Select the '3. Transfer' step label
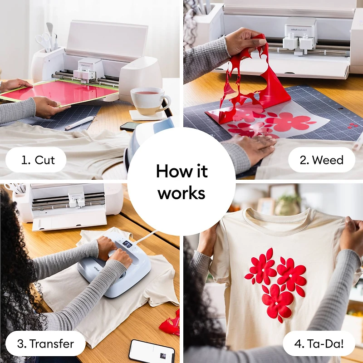pyautogui.click(x=45, y=343)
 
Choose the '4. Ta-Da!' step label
pyautogui.click(x=319, y=343)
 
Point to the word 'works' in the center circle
pyautogui.click(x=181, y=193)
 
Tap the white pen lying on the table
pyautogui.click(x=80, y=123)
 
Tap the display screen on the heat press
pyautogui.click(x=128, y=244)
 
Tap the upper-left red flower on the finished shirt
pyautogui.click(x=262, y=268)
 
